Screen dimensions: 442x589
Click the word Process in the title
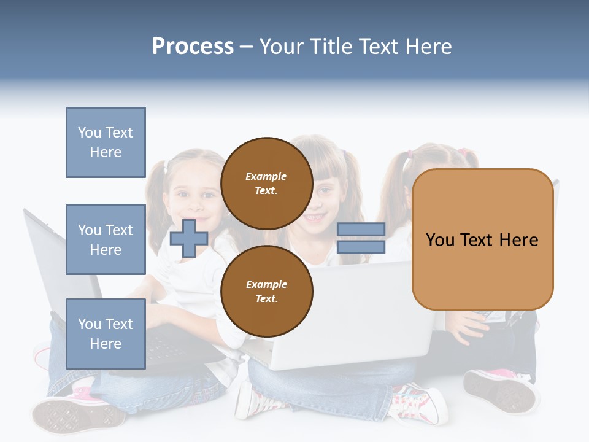[193, 47]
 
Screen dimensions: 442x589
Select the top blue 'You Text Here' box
[106, 142]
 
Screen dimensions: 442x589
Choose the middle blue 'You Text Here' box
[106, 239]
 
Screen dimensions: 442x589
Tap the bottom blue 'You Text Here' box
[106, 333]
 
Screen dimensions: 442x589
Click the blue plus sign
[189, 238]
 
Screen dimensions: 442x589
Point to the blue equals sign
[361, 238]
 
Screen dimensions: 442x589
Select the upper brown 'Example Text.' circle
[266, 183]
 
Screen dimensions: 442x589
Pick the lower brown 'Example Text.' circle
[266, 291]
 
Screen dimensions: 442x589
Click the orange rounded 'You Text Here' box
[482, 239]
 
